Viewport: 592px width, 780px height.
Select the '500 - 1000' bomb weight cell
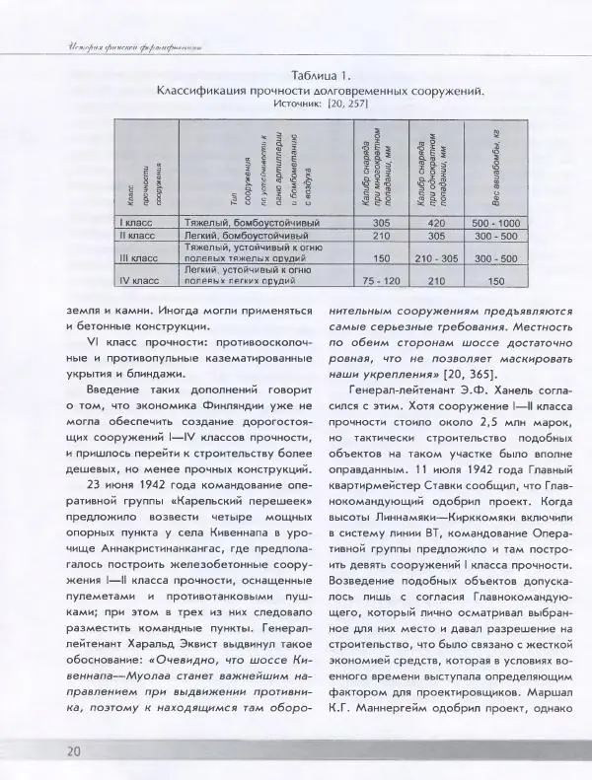point(495,223)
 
